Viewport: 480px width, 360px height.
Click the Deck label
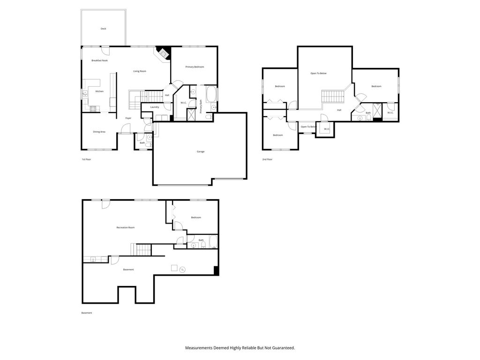click(103, 29)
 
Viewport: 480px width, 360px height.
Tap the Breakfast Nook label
click(99, 60)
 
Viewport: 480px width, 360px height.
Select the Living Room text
click(140, 71)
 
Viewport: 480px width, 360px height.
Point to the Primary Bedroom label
click(195, 67)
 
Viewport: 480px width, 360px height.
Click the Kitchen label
click(99, 91)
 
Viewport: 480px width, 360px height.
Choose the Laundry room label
click(155, 107)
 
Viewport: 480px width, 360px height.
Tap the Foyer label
click(128, 118)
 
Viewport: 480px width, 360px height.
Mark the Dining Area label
click(99, 132)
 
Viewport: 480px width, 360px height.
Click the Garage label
click(201, 151)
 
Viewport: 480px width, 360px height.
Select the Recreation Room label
click(126, 228)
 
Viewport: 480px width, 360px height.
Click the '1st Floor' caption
click(86, 159)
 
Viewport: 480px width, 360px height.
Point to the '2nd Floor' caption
click(267, 159)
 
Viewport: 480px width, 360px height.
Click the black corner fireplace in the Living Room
click(163, 52)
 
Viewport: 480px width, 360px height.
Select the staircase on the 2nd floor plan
click(333, 97)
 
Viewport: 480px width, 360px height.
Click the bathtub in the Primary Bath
click(210, 94)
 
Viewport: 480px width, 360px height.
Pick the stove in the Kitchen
click(93, 109)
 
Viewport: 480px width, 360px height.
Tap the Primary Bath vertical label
click(201, 106)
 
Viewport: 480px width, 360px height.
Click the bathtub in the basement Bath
click(213, 242)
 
